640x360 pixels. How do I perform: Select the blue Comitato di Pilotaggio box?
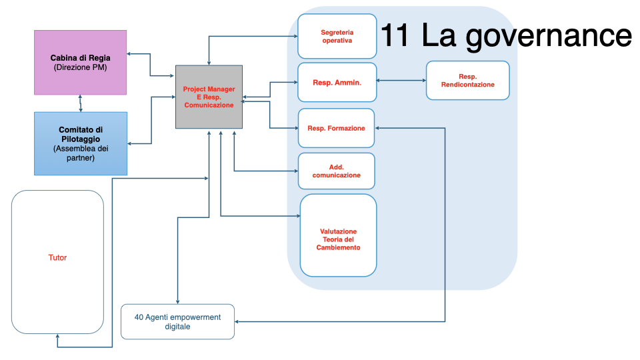[80, 143]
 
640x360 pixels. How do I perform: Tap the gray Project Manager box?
[209, 97]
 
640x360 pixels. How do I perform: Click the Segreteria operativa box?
[337, 36]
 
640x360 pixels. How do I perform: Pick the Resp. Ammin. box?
[337, 83]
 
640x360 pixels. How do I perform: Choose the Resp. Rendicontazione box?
[467, 81]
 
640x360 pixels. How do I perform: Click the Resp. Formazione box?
[336, 128]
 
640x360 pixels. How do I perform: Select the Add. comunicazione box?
[336, 171]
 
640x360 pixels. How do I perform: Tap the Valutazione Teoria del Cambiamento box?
[338, 235]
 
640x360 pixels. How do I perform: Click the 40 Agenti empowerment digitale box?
[177, 322]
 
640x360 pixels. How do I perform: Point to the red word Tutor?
[57, 258]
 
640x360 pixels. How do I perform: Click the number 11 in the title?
[396, 35]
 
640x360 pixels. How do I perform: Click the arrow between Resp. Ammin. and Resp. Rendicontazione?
[401, 81]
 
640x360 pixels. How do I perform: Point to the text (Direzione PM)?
[80, 68]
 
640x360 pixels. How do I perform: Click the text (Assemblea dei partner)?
[80, 153]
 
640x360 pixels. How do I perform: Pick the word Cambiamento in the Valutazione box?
[338, 247]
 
